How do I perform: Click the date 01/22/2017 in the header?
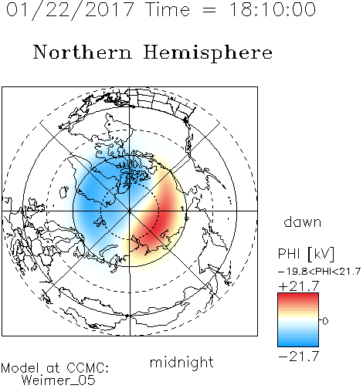70,9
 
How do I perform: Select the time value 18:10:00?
273,9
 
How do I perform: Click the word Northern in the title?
83,52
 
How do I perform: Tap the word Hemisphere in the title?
208,53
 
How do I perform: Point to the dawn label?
303,221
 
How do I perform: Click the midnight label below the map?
181,362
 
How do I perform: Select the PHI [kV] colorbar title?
306,254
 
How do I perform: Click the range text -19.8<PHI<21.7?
319,272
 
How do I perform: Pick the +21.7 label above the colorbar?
299,286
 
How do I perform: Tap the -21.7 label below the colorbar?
299,357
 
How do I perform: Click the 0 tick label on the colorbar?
325,321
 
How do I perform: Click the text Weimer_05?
59,380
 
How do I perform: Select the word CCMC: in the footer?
87,368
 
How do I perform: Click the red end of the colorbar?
298,296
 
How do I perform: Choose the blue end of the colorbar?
298,344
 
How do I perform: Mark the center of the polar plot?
130,211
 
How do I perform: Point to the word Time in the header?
168,9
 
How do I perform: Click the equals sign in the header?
209,10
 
